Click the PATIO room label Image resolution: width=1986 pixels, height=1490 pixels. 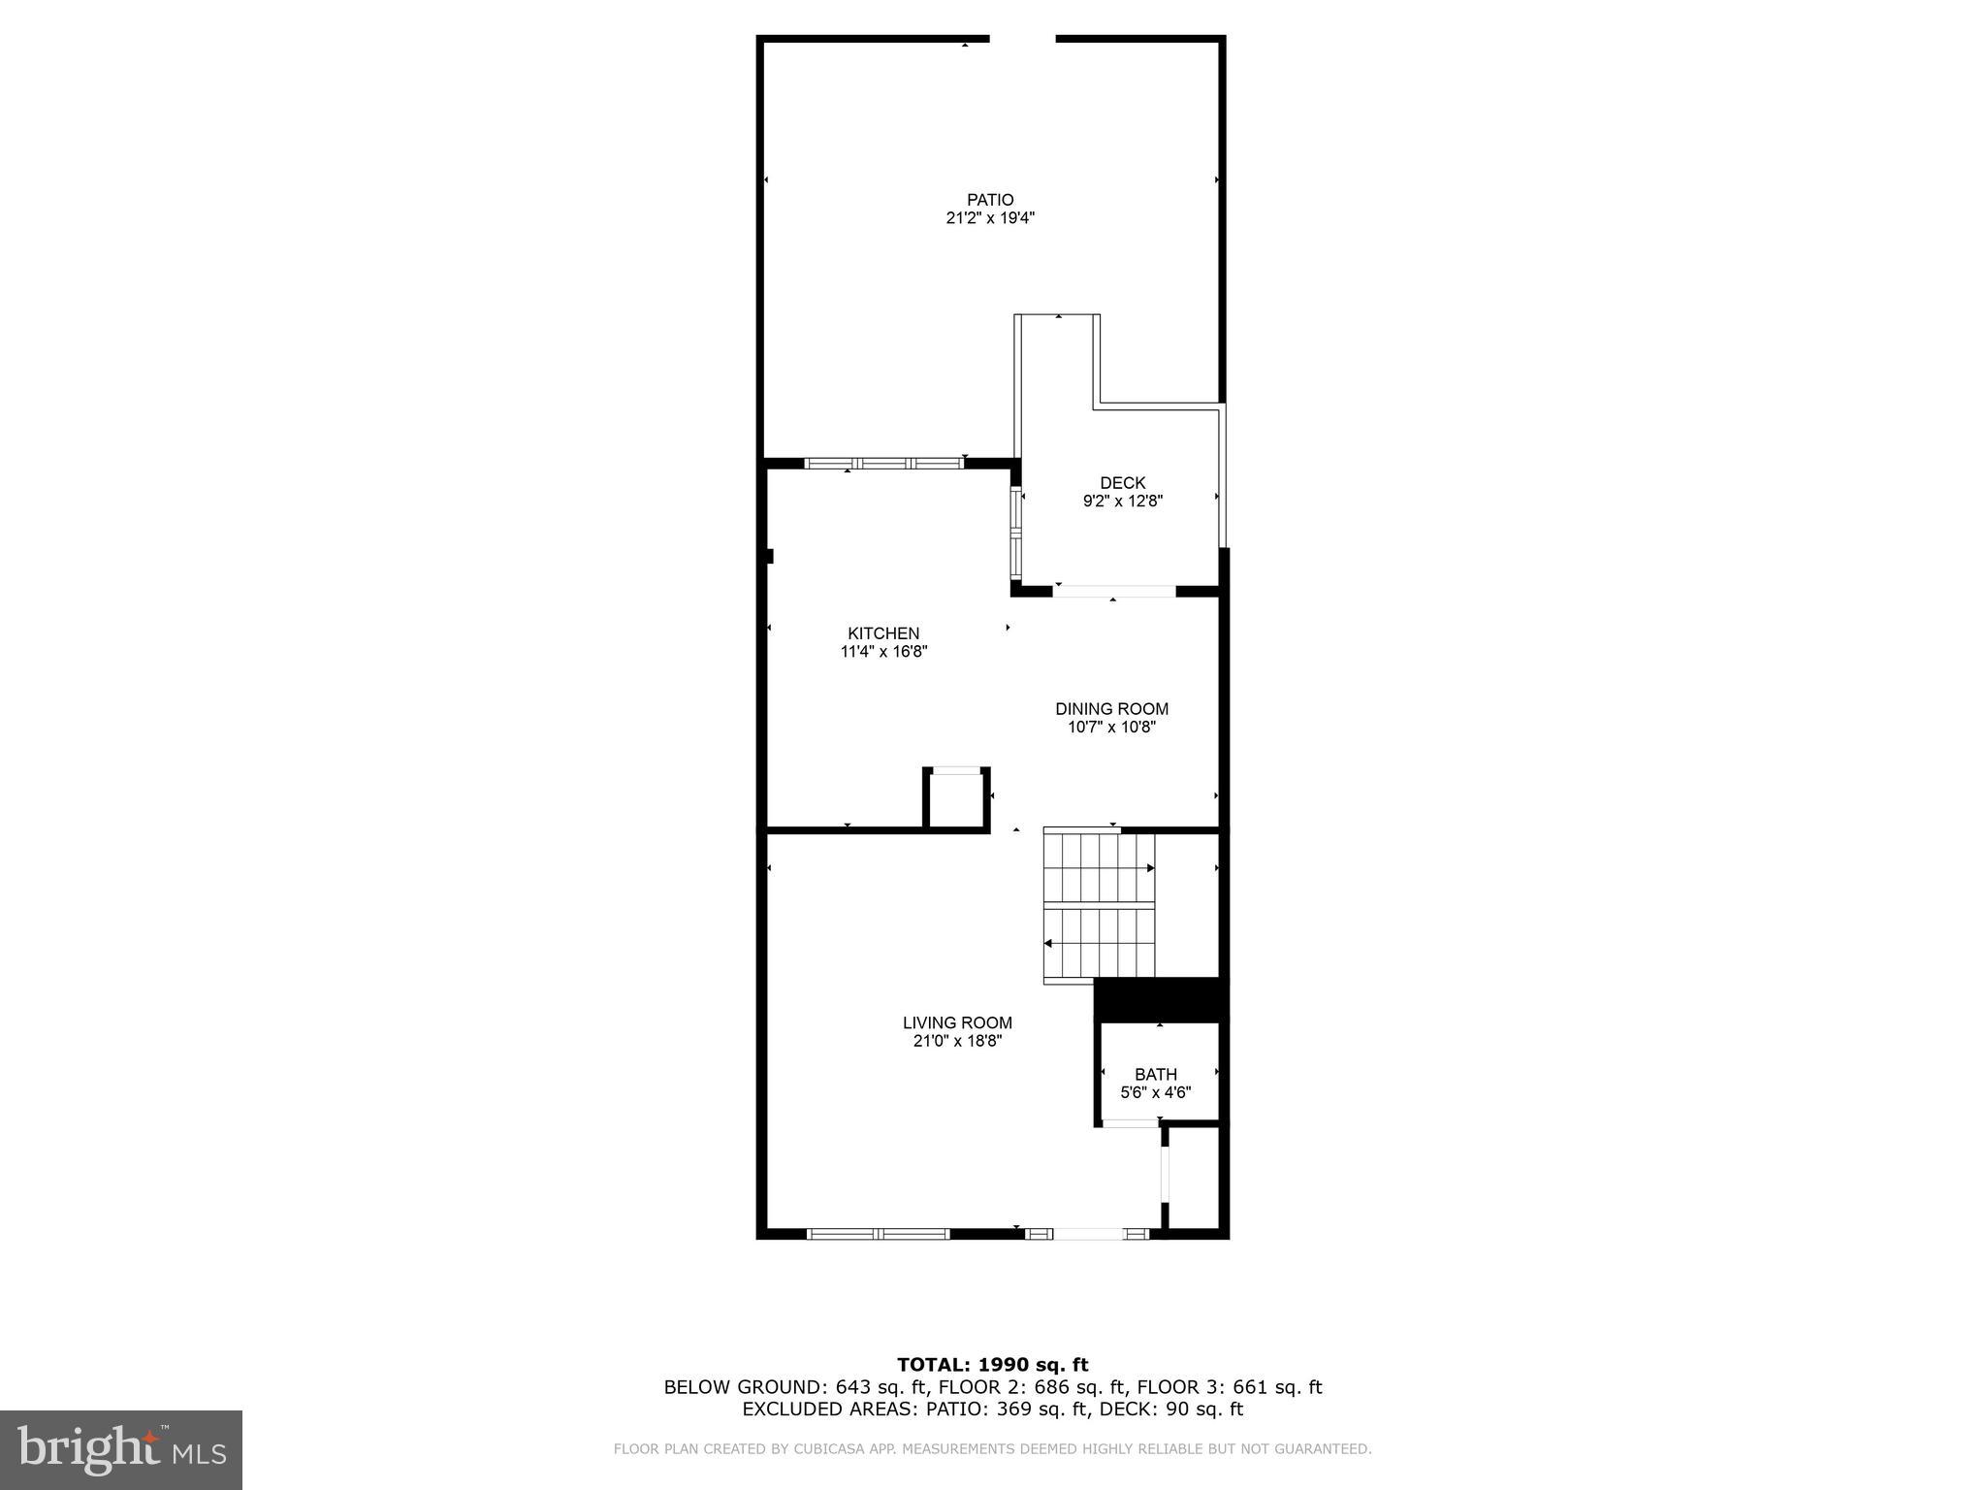pyautogui.click(x=990, y=200)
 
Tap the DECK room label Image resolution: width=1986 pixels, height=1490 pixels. pyautogui.click(x=1122, y=482)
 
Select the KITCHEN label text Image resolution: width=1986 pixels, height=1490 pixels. pyautogui.click(x=883, y=633)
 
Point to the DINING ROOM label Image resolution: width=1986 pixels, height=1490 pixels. pyautogui.click(x=1111, y=709)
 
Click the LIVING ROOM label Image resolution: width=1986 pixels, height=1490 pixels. pyautogui.click(x=957, y=1022)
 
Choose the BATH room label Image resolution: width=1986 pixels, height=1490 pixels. pyautogui.click(x=1156, y=1074)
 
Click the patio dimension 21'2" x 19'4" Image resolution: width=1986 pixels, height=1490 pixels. pyautogui.click(x=990, y=218)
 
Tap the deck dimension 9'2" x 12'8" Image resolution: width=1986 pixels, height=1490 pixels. pyautogui.click(x=1122, y=502)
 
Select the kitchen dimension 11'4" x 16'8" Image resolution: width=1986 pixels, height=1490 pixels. pyautogui.click(x=883, y=652)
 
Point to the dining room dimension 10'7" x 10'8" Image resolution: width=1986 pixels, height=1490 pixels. pyautogui.click(x=1111, y=728)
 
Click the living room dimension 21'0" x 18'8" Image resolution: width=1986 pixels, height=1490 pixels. pyautogui.click(x=957, y=1041)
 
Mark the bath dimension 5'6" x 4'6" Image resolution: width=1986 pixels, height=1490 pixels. pyautogui.click(x=1156, y=1092)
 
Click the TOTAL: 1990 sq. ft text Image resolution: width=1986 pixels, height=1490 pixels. pyautogui.click(x=992, y=1365)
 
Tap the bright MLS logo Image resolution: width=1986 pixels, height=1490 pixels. pyautogui.click(x=121, y=1450)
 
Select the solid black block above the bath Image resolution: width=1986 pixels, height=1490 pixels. pyautogui.click(x=1160, y=998)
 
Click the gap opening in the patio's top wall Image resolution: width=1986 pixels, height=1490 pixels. pyautogui.click(x=1022, y=39)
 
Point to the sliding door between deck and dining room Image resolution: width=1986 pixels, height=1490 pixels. pyautogui.click(x=1114, y=591)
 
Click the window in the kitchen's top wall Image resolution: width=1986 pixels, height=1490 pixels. pyautogui.click(x=883, y=463)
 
